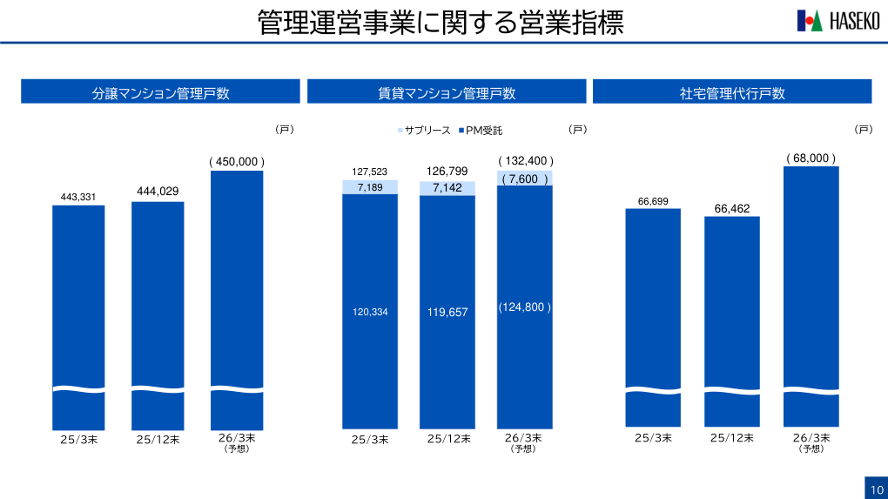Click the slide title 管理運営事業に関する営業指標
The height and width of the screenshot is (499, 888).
(441, 23)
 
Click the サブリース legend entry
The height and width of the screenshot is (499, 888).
(424, 131)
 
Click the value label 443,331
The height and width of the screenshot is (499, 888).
(78, 198)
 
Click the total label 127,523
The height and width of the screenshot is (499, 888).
(369, 172)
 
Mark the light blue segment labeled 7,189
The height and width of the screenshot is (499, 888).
(369, 187)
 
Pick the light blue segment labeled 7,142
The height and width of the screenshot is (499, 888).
(447, 188)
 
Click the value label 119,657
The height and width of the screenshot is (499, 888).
(447, 312)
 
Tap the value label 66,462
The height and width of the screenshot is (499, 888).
(732, 209)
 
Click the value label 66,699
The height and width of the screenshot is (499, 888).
(653, 202)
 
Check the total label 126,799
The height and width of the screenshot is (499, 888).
(447, 171)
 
